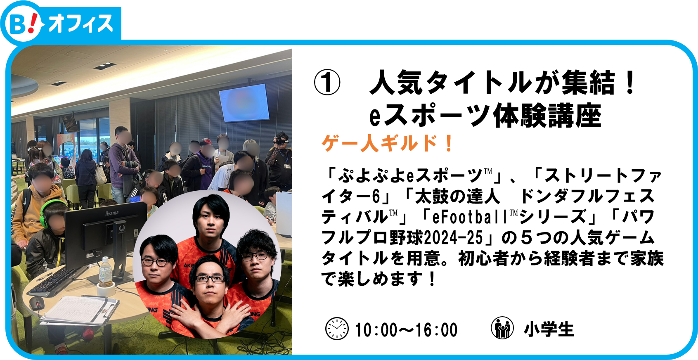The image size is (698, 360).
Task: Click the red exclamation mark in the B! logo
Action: coord(33,23)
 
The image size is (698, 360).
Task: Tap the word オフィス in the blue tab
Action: coord(81,24)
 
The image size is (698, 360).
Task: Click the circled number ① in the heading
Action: coord(327,82)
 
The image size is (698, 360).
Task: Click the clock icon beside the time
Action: coord(337,329)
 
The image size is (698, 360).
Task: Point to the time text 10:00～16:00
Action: coord(406,330)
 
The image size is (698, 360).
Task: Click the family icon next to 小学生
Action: coord(502,327)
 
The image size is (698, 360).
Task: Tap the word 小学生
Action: coord(549,329)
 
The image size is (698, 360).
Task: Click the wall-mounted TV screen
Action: coord(244,103)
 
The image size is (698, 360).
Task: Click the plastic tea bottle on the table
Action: coord(106,272)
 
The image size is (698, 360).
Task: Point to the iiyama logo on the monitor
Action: coord(111,213)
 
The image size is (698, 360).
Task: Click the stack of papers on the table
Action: coord(80,310)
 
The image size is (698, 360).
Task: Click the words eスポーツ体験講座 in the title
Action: coord(485,116)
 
